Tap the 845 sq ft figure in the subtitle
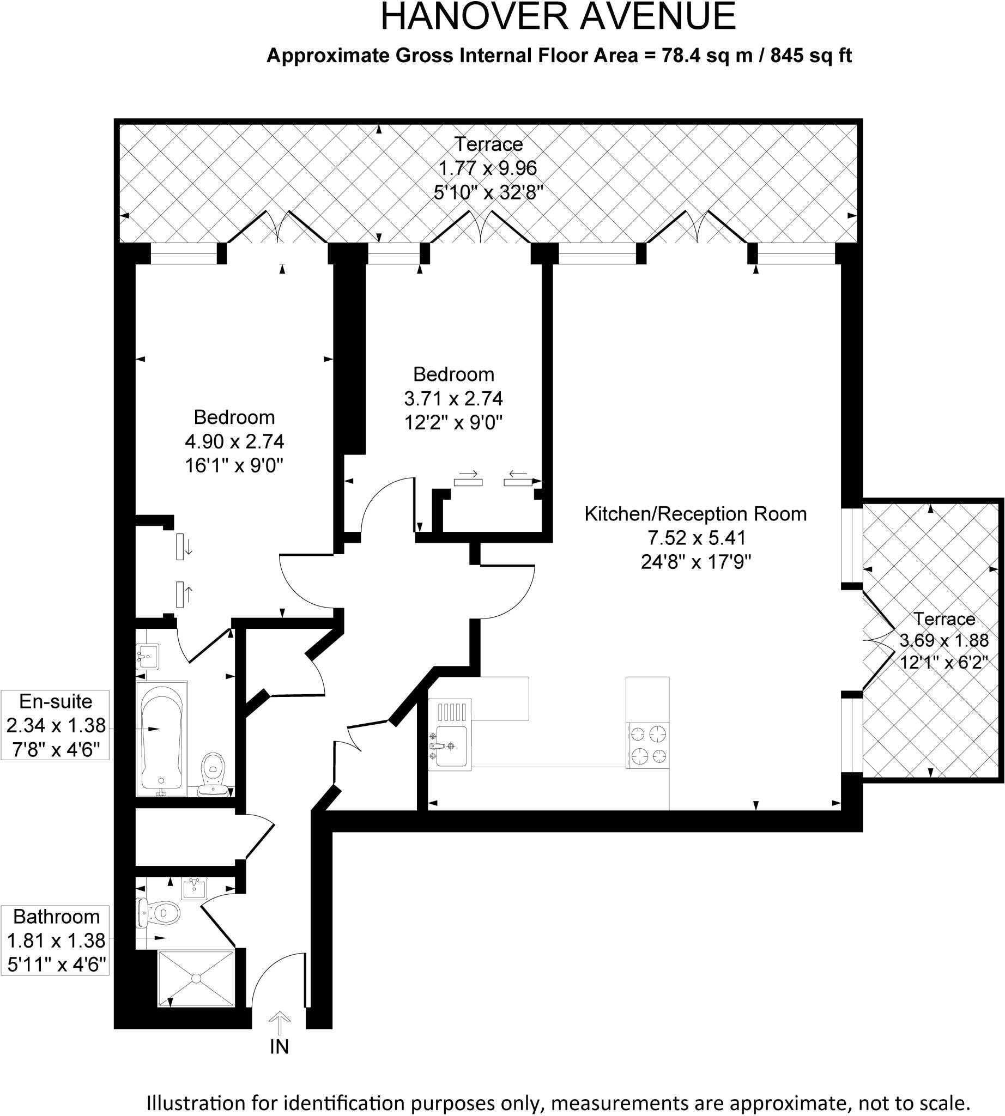click(x=811, y=56)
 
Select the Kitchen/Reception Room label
click(x=696, y=514)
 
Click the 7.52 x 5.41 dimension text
click(x=697, y=538)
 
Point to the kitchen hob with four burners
click(x=647, y=745)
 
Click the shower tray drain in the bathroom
click(x=196, y=978)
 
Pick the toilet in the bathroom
click(x=158, y=913)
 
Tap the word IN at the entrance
click(x=280, y=1047)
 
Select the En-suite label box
click(x=55, y=725)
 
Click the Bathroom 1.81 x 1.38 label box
click(x=55, y=941)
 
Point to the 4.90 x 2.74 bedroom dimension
click(x=235, y=442)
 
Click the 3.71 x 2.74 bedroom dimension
click(x=453, y=399)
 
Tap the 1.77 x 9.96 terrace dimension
click(x=488, y=168)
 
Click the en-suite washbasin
click(x=148, y=657)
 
